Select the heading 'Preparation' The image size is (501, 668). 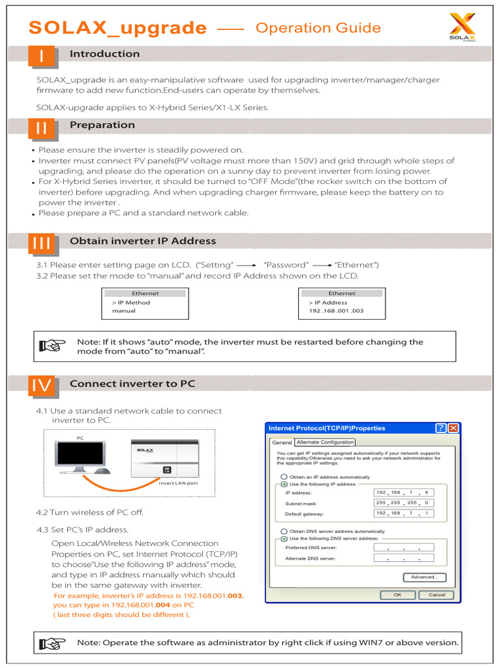pos(102,125)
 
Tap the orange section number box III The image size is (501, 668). pos(42,243)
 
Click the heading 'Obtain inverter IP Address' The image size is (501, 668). pos(142,241)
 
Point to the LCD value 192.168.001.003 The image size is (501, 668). pos(336,311)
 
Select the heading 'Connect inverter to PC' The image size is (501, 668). pos(132,384)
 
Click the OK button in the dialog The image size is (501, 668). pos(397,595)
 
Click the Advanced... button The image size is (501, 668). pos(425,577)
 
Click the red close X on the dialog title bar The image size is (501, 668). pos(453,428)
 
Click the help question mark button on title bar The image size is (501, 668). pos(441,428)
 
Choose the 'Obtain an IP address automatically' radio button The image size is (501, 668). pos(284,477)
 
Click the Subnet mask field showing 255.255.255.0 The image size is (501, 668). pos(402,503)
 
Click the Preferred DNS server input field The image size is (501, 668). pos(402,548)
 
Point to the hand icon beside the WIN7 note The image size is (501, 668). pos(53,643)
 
